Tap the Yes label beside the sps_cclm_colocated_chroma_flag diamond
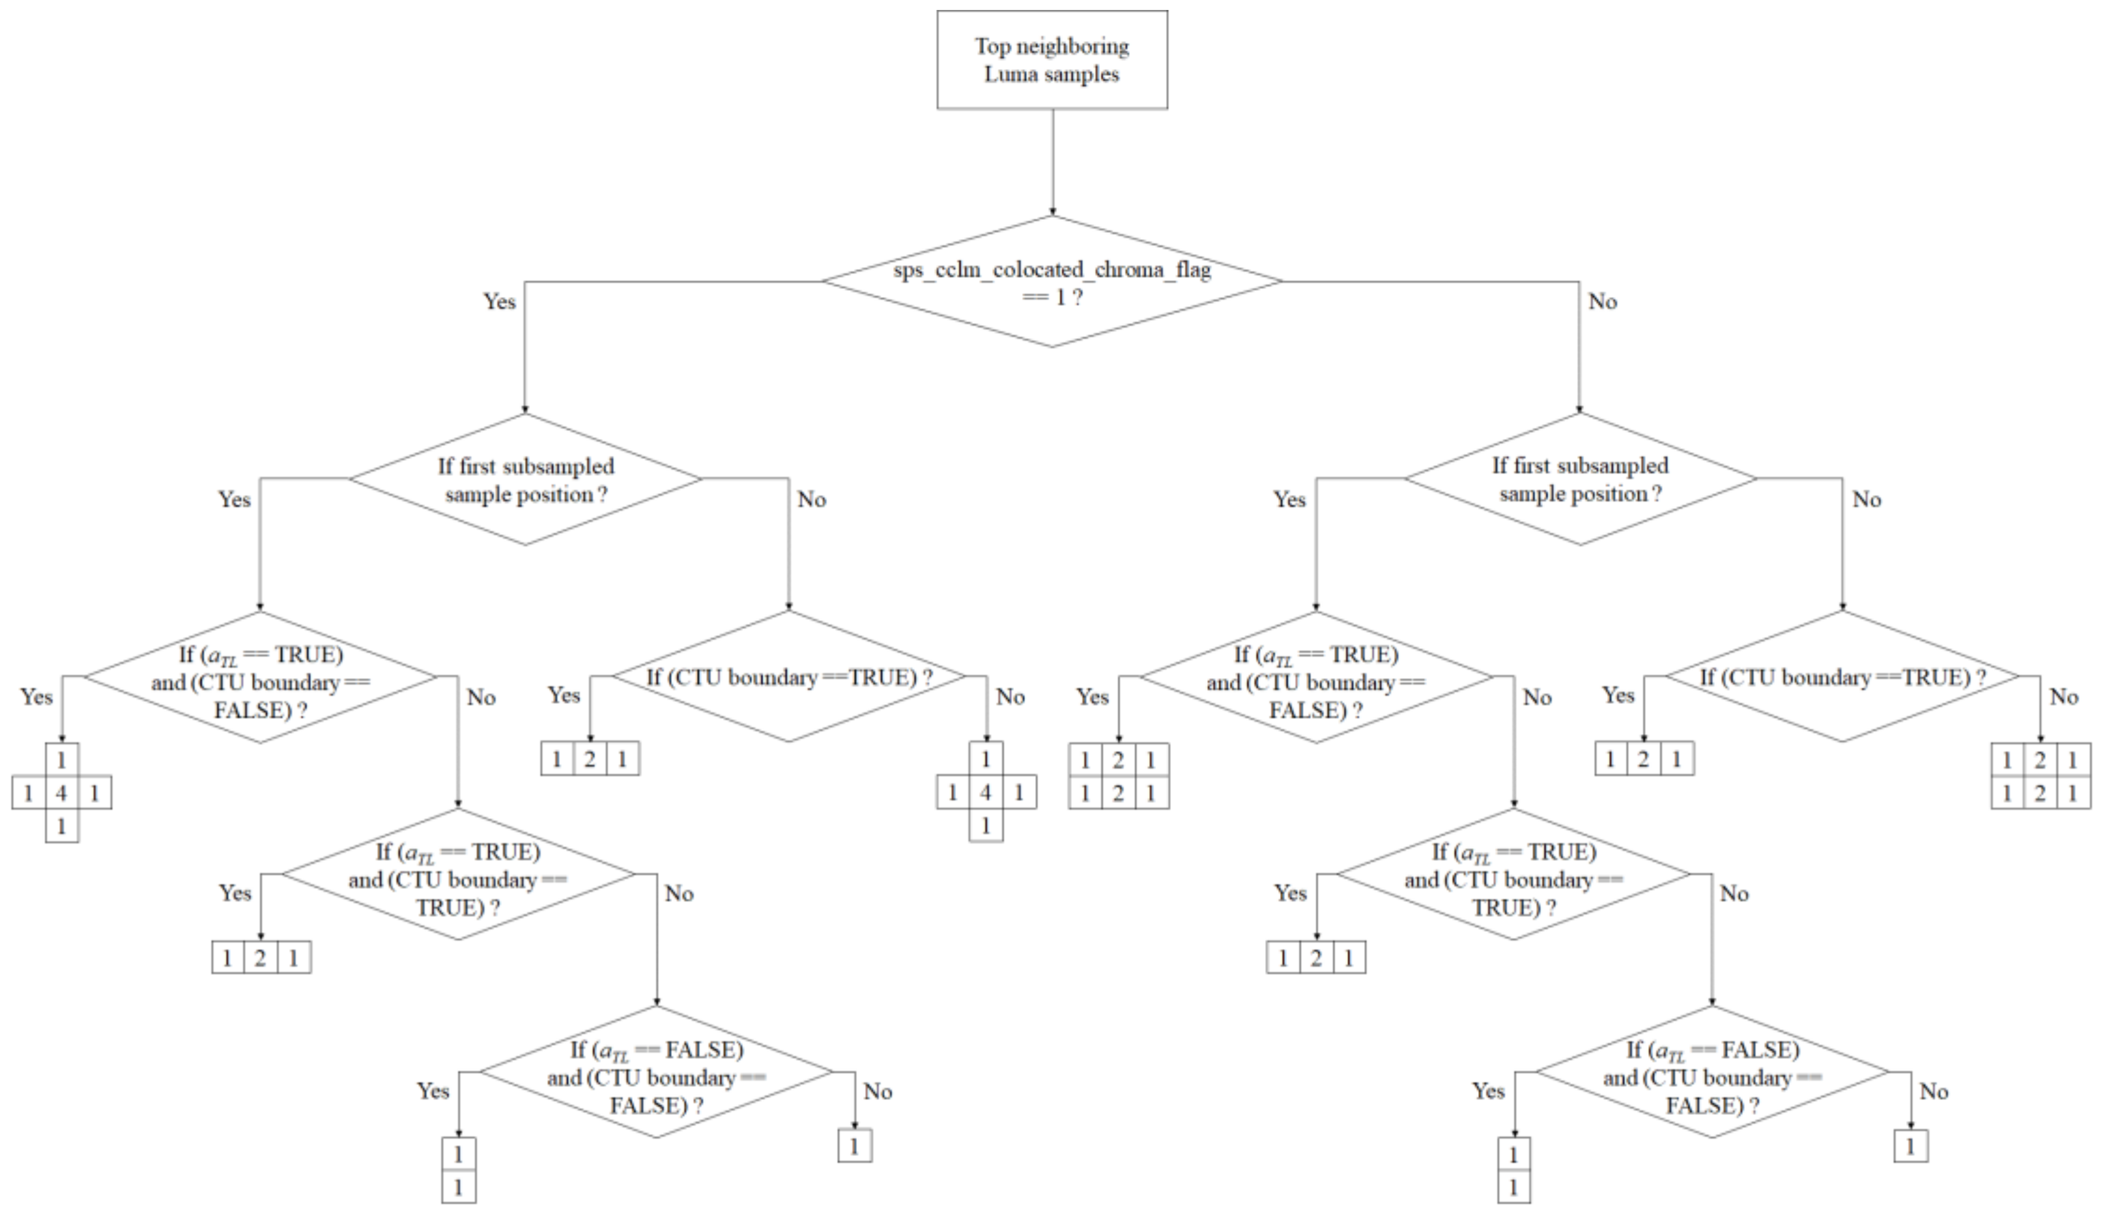click(500, 301)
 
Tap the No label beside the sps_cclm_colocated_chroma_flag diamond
click(1603, 301)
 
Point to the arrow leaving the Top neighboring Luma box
click(1053, 162)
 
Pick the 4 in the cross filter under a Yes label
click(61, 793)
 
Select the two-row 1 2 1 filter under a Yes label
click(1118, 776)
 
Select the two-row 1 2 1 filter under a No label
click(2040, 776)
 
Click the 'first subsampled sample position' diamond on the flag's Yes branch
click(525, 479)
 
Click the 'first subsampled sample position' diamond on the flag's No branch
click(1580, 479)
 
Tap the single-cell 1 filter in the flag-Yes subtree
click(854, 1147)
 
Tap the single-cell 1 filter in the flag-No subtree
click(1910, 1147)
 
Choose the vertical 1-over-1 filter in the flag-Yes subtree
click(458, 1170)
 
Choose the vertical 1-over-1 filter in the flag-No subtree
click(1514, 1170)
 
